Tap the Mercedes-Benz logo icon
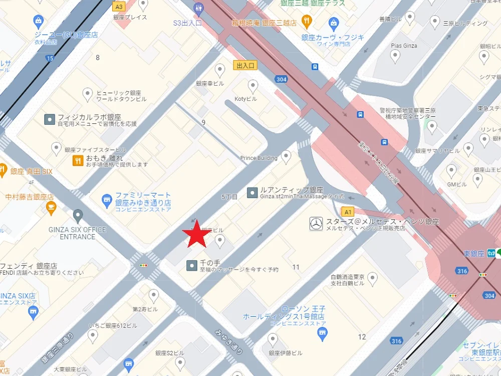(x=315, y=224)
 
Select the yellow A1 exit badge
(x=348, y=212)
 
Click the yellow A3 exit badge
(x=119, y=7)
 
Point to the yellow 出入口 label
(x=245, y=65)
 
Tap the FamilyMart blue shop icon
(x=106, y=201)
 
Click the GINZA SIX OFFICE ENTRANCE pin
(x=78, y=216)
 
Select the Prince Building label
(x=259, y=158)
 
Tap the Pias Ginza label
(x=404, y=46)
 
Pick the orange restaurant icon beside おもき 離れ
(x=78, y=160)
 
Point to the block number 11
(x=296, y=267)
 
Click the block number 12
(x=362, y=337)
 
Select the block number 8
(x=98, y=58)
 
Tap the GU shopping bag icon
(x=38, y=22)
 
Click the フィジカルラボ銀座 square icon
(x=50, y=119)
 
